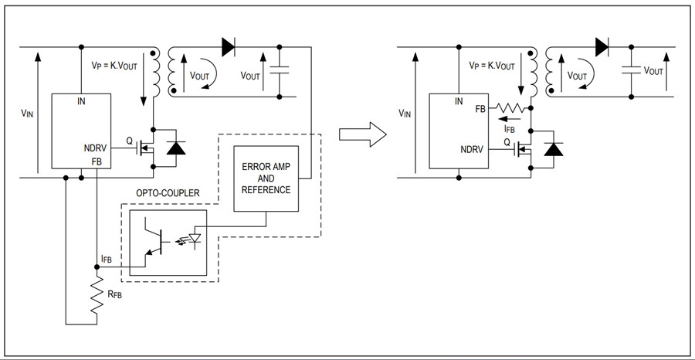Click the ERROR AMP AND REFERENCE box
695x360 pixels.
click(x=266, y=178)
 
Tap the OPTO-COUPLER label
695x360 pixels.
click(x=168, y=193)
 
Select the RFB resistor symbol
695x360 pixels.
click(x=97, y=294)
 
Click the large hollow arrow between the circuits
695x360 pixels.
click(x=363, y=134)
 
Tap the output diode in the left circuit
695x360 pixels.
click(x=229, y=46)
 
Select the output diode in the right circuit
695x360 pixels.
click(x=602, y=46)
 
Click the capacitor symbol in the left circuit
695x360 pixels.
click(x=280, y=70)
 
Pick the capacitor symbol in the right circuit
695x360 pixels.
click(x=631, y=70)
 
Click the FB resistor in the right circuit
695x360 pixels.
click(x=510, y=107)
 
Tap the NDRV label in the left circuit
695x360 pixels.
click(x=95, y=148)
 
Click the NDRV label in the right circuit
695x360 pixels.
click(x=472, y=149)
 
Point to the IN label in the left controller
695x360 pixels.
click(x=81, y=101)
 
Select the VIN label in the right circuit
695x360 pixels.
click(x=405, y=114)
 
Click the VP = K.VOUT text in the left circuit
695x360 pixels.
click(x=114, y=66)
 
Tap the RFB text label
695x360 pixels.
click(x=114, y=294)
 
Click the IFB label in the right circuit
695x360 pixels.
click(x=510, y=129)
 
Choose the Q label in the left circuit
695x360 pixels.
click(x=130, y=141)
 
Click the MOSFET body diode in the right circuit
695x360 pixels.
click(x=554, y=149)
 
